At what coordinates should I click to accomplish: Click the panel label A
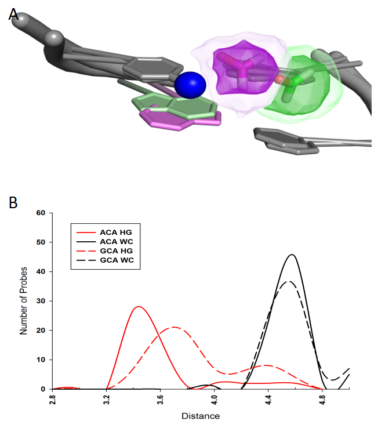(13, 14)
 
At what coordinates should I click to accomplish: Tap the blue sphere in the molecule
(190, 85)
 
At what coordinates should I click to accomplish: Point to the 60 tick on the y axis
(41, 213)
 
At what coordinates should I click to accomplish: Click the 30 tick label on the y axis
(41, 301)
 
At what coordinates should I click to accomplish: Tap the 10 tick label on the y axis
(41, 360)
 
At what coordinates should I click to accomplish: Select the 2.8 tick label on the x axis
(53, 401)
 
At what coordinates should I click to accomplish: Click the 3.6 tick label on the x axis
(160, 401)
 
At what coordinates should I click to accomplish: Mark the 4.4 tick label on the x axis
(268, 401)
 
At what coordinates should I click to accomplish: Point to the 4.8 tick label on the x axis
(322, 401)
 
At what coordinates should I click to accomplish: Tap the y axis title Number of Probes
(24, 301)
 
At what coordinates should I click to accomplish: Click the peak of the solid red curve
(139, 306)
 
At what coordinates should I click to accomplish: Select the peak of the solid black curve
(293, 255)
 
